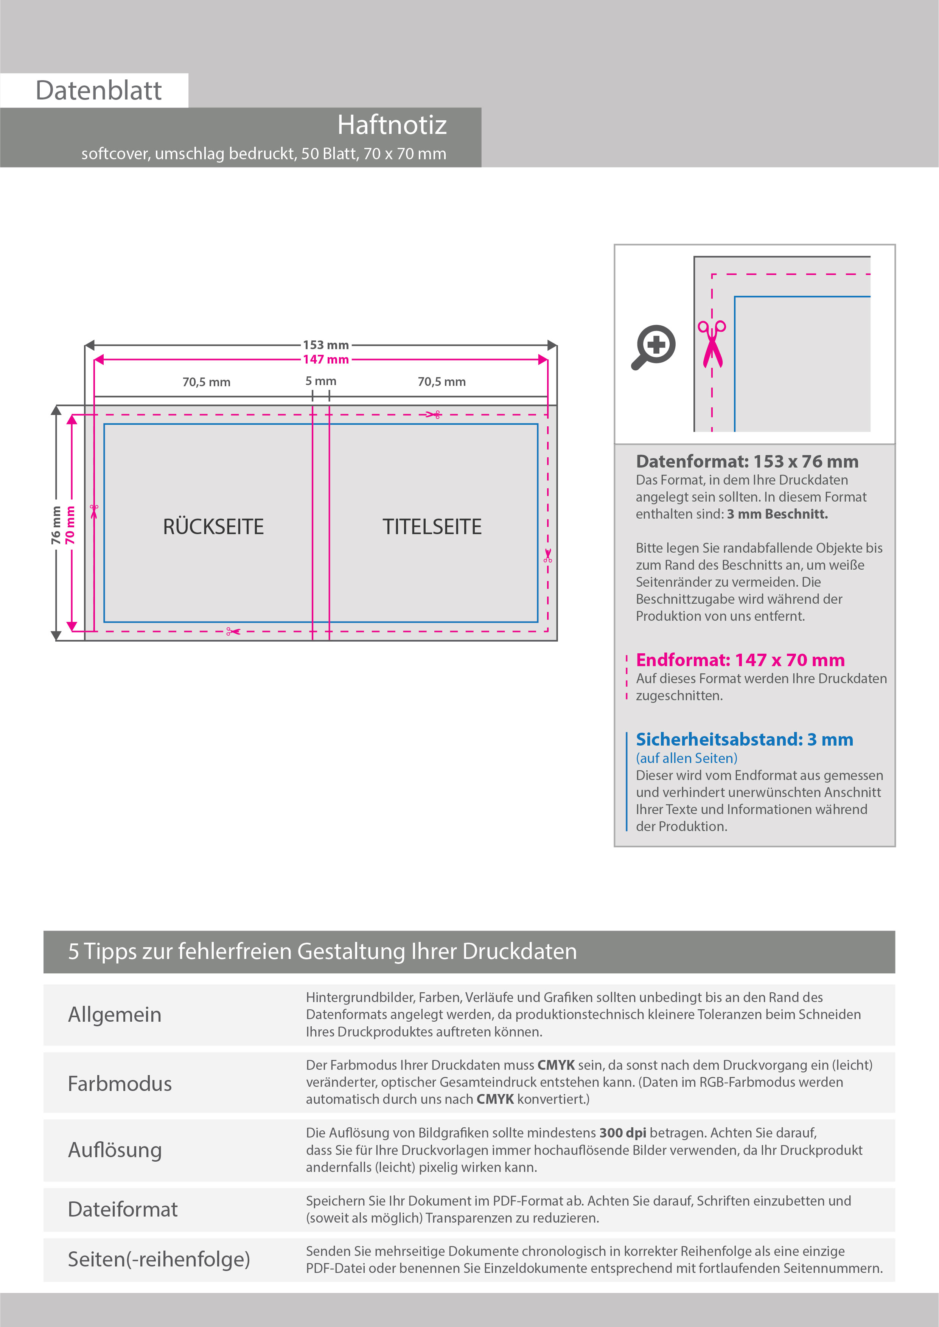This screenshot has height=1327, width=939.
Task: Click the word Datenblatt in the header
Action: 98,91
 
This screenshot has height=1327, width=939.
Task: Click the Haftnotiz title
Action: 392,125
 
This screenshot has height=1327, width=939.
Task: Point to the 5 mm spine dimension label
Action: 320,381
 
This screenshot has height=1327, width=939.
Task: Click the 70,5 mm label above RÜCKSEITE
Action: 207,382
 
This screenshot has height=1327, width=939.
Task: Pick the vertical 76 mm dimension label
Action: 56,525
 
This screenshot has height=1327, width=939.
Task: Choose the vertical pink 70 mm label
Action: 70,525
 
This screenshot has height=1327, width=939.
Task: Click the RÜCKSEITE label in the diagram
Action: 213,527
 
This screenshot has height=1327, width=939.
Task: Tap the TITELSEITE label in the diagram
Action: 432,527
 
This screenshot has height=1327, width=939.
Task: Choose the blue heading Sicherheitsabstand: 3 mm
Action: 744,739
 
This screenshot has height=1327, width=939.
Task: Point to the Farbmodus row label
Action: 120,1084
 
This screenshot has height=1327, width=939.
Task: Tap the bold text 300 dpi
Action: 623,1133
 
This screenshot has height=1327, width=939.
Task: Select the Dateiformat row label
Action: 123,1209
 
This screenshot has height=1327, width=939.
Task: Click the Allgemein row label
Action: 115,1014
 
